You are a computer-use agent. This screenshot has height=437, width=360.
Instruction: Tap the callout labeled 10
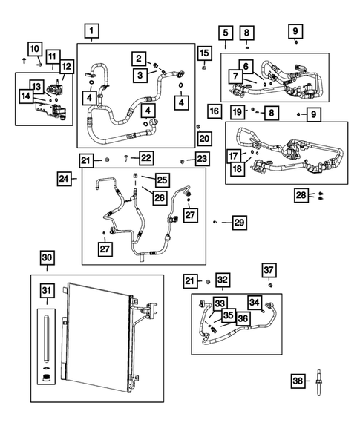coord(36,47)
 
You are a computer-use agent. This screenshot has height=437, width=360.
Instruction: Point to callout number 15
coord(204,52)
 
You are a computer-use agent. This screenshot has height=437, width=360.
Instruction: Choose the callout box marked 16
coord(213,112)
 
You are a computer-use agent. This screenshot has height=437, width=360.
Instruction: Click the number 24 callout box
coord(65,178)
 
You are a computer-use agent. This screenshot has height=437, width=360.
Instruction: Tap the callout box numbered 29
coord(238,222)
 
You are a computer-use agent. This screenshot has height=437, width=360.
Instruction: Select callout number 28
coord(301,194)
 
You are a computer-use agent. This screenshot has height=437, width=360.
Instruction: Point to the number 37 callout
coord(269,269)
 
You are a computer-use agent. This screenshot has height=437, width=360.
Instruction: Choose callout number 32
coord(223,280)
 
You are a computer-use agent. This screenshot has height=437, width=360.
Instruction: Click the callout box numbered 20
coord(204,138)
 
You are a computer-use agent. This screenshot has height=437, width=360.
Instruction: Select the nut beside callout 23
coord(183,160)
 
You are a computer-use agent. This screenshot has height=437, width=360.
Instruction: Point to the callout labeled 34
coord(255,302)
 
